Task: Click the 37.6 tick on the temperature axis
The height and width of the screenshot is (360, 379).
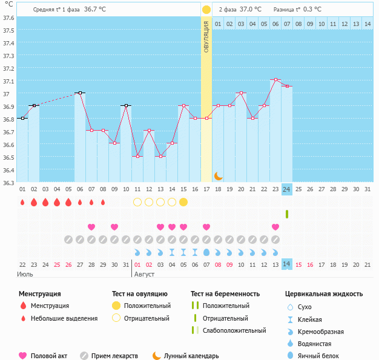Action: click(8, 18)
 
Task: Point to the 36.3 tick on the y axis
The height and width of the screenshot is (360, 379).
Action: click(8, 183)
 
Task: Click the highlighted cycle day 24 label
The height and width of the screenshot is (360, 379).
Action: click(287, 189)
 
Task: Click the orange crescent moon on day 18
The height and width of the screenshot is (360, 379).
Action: click(219, 176)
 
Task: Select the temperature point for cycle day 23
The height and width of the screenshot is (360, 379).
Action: click(275, 80)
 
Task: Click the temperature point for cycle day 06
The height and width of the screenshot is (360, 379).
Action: click(80, 93)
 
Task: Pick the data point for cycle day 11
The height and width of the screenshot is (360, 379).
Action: click(137, 157)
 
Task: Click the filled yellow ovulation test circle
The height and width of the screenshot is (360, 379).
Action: click(183, 201)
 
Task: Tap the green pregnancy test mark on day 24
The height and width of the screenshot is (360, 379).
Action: click(287, 214)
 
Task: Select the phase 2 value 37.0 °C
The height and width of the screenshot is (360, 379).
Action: click(251, 10)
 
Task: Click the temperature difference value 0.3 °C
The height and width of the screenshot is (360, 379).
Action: click(312, 10)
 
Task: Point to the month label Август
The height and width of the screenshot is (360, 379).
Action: click(143, 274)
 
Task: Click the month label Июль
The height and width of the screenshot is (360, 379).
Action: click(25, 274)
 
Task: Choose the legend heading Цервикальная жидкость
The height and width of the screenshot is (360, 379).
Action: click(324, 294)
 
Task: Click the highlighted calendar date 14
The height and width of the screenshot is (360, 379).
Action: click(287, 264)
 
